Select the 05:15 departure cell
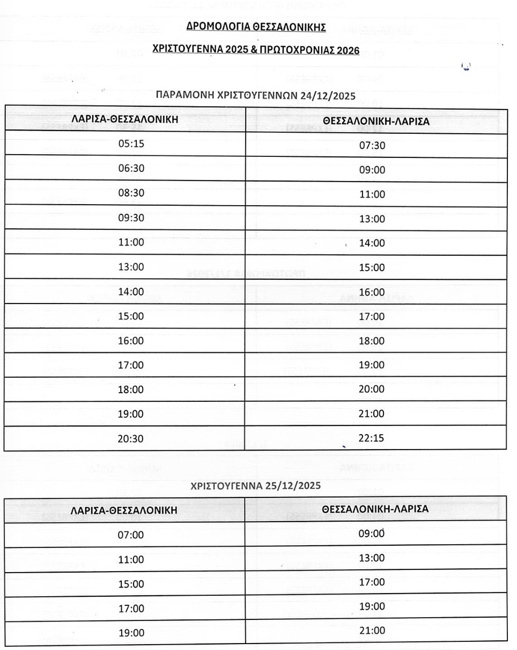[131, 144]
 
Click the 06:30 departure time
[131, 169]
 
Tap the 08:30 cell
[131, 193]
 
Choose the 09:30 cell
[131, 218]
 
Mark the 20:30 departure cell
[131, 438]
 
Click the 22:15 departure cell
[372, 438]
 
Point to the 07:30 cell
[372, 145]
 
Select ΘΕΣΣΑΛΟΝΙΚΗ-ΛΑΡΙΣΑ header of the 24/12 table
[376, 121]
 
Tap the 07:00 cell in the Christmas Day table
[131, 535]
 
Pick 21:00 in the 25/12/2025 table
[372, 631]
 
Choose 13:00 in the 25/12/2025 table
[372, 558]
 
